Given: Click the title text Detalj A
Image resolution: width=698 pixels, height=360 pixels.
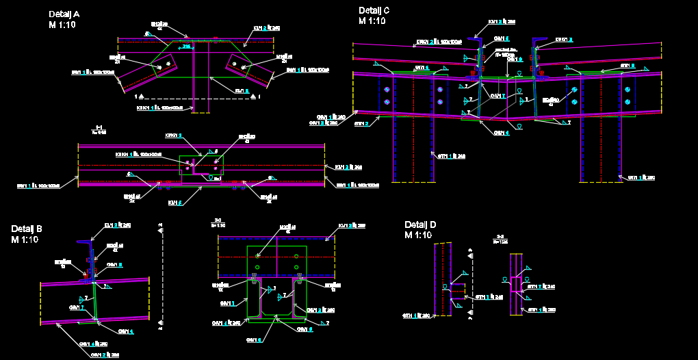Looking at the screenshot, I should pyautogui.click(x=64, y=14).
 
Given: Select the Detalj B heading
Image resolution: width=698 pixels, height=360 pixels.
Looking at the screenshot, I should pyautogui.click(x=27, y=229).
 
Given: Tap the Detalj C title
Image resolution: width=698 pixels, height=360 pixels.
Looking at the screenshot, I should pyautogui.click(x=374, y=10).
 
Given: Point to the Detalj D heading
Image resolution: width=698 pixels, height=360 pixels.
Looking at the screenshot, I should pyautogui.click(x=419, y=224).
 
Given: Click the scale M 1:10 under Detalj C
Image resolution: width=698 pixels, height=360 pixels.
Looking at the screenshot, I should pyautogui.click(x=372, y=21).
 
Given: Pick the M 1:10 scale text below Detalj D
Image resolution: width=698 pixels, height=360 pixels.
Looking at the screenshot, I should pyautogui.click(x=417, y=235).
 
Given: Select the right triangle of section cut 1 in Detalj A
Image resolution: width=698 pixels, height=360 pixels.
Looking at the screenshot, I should pyautogui.click(x=254, y=97).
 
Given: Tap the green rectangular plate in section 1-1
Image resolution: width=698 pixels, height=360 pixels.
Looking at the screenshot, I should pyautogui.click(x=201, y=165).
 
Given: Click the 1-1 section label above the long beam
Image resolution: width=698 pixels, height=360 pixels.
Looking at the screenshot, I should pyautogui.click(x=99, y=127).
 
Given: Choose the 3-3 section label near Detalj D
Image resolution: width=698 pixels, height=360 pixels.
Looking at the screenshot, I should pyautogui.click(x=500, y=240).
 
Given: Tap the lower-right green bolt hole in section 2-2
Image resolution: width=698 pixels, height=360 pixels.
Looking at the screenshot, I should pyautogui.click(x=296, y=266).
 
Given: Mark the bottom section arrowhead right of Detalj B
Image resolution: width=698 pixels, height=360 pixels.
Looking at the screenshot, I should pyautogui.click(x=159, y=322).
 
